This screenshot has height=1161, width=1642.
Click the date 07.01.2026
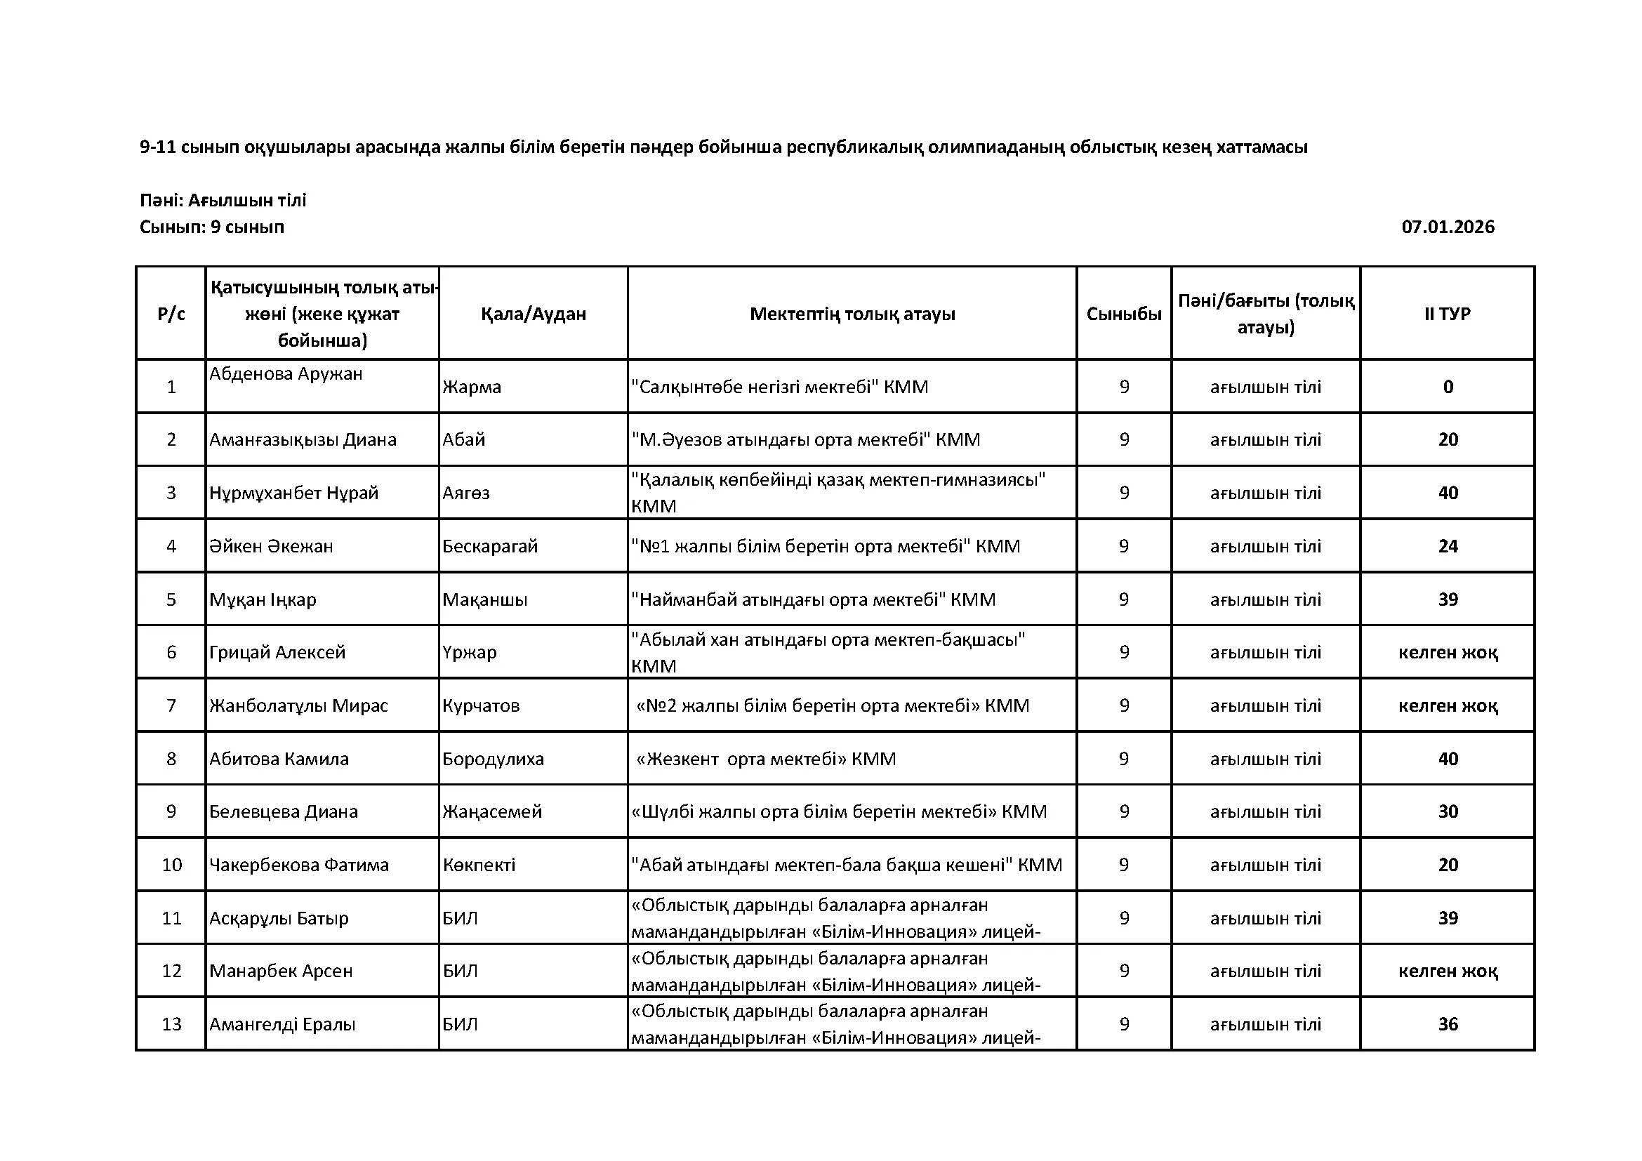pos(1448,227)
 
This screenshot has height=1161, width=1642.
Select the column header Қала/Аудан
pos(533,314)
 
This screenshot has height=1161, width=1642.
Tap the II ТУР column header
pos(1448,314)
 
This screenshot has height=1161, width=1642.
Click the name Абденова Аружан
pos(286,374)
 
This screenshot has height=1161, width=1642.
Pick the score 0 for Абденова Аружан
pos(1448,387)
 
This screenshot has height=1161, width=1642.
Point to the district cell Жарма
pos(472,387)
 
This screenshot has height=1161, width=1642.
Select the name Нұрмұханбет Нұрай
pos(294,493)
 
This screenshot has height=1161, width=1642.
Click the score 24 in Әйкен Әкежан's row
pos(1448,546)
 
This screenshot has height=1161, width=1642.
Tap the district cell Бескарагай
pos(490,546)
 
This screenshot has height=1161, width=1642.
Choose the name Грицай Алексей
pos(277,652)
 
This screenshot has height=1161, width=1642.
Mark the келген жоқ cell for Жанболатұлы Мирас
pos(1448,705)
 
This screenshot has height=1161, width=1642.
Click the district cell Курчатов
pos(481,705)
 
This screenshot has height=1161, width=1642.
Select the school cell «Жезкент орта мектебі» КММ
pos(766,759)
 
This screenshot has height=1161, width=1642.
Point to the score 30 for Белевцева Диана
pos(1448,811)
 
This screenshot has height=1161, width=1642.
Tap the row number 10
pos(171,865)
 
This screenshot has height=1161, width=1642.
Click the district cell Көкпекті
pos(479,865)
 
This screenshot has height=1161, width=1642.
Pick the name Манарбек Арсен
pos(281,971)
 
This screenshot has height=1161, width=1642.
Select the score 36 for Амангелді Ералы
pos(1448,1023)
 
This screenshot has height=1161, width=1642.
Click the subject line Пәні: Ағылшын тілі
pos(223,200)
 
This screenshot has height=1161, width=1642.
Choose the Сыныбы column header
pos(1123,314)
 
